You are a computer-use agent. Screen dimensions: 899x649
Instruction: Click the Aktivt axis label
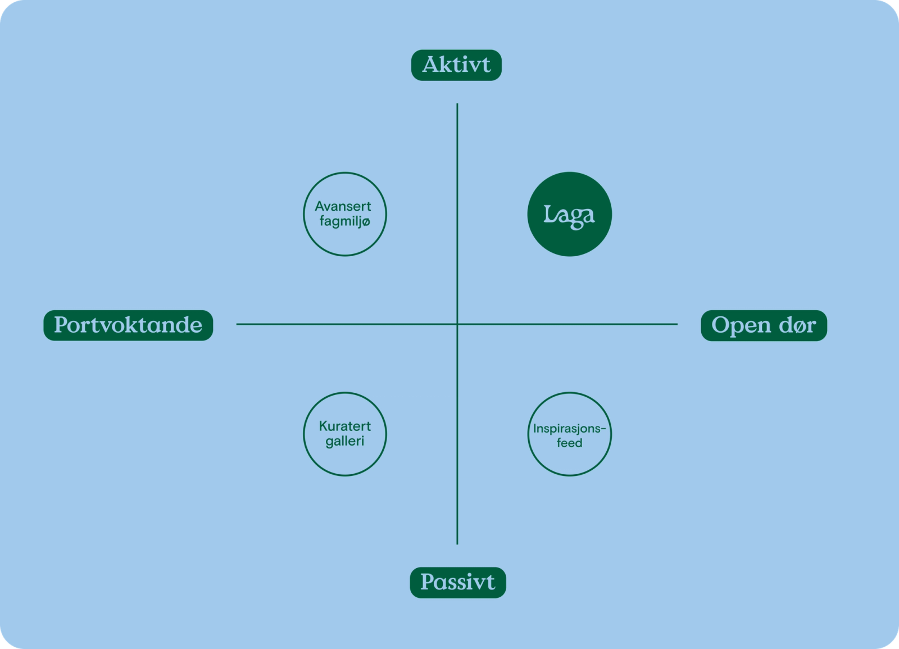(x=456, y=65)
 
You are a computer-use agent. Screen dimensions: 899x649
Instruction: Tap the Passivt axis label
(x=458, y=582)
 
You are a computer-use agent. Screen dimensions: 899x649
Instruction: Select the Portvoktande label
(x=129, y=325)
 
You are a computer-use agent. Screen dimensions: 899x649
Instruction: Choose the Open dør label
(x=764, y=325)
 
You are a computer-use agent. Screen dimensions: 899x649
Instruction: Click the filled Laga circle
(x=570, y=214)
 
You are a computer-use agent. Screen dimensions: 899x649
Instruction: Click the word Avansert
(x=343, y=206)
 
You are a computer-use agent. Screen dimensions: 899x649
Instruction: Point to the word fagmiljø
(x=345, y=221)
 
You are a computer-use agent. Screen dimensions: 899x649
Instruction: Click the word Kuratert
(x=345, y=426)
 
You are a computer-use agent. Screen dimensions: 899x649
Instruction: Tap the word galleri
(x=345, y=441)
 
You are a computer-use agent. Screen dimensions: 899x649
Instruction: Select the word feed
(x=570, y=443)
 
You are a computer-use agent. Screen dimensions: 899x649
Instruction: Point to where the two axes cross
(x=457, y=324)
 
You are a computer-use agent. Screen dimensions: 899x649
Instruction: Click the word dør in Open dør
(x=797, y=325)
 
